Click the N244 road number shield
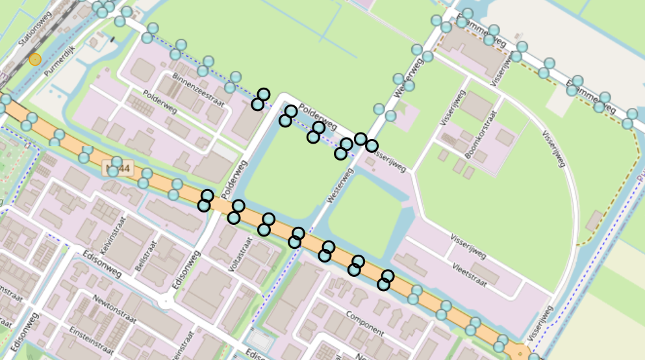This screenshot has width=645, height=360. pos(118,170)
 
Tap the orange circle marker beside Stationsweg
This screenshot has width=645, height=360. pos(35,60)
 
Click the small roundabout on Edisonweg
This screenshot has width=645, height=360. pos(167,300)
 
